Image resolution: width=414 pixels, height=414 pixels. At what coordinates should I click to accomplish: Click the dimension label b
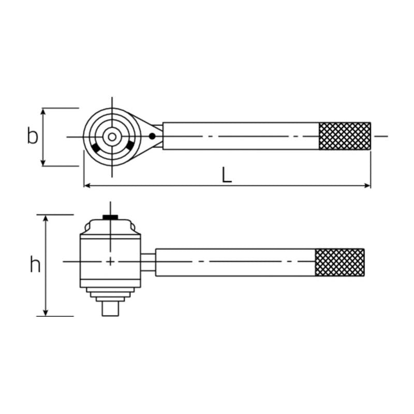[x=33, y=137]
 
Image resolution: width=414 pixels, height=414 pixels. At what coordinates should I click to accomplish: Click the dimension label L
[x=227, y=175]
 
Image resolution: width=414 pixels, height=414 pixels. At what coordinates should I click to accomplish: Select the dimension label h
[x=35, y=265]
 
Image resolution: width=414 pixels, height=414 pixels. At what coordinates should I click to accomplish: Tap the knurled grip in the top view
[x=345, y=136]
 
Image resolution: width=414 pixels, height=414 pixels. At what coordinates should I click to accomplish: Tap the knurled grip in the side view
[x=339, y=262]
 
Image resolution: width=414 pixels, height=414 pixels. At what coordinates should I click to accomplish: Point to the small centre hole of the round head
[x=111, y=137]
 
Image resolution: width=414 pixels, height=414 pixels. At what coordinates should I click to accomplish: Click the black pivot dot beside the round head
[x=152, y=137]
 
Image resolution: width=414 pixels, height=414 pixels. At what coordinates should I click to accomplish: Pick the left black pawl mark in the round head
[x=96, y=149]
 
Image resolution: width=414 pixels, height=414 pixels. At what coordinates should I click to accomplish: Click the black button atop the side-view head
[x=110, y=217]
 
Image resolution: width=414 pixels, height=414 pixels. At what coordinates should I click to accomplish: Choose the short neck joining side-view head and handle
[x=149, y=262]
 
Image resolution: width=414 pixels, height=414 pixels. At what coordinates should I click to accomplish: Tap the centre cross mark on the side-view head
[x=110, y=262]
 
